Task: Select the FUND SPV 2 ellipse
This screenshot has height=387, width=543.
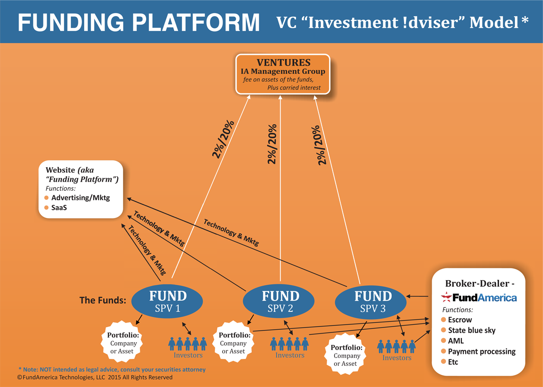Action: (x=280, y=302)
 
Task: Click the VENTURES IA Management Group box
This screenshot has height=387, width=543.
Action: (x=282, y=74)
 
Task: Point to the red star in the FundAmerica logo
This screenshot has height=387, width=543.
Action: (x=446, y=297)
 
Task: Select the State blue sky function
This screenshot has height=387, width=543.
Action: (x=472, y=330)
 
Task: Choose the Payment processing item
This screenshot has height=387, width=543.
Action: (x=481, y=351)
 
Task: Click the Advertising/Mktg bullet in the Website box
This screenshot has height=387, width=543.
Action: (x=80, y=198)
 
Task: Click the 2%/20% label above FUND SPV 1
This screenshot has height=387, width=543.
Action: (x=223, y=139)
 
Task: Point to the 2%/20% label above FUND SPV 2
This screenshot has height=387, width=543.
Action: (x=272, y=144)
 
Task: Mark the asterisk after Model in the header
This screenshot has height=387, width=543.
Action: (x=524, y=21)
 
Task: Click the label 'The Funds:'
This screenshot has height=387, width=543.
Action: (x=102, y=300)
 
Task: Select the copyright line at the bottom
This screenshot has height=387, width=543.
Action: (x=95, y=377)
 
